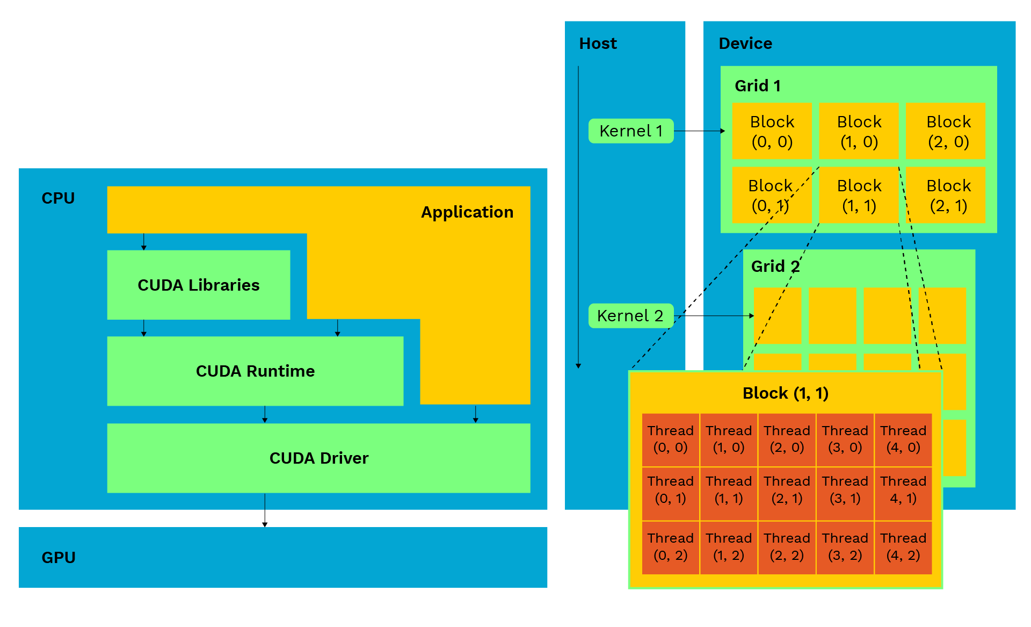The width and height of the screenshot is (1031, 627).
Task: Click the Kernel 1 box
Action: [x=631, y=131]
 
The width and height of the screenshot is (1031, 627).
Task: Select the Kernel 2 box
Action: [x=631, y=316]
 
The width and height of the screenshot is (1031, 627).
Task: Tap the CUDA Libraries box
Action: [x=199, y=285]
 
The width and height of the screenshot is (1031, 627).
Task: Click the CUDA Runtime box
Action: [x=255, y=371]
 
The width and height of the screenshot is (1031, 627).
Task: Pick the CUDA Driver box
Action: [x=318, y=458]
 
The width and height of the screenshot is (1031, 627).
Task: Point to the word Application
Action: [x=467, y=212]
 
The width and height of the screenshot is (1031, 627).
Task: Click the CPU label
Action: [x=58, y=198]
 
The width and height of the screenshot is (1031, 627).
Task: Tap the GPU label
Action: [x=59, y=558]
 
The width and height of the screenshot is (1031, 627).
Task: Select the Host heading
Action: [x=598, y=44]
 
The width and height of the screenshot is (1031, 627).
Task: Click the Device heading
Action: [x=745, y=44]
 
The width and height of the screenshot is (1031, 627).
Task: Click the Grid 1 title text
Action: [x=757, y=86]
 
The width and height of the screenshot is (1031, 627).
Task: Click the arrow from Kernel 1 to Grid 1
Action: [x=699, y=131]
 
